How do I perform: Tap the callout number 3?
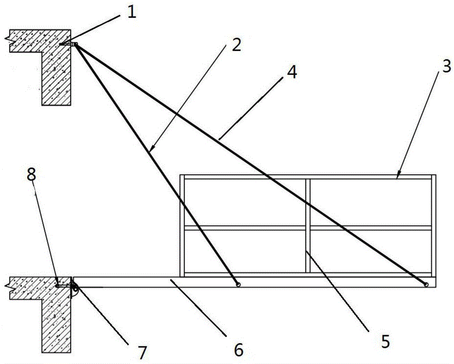tap(446, 67)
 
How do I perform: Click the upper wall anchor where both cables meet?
tap(75, 45)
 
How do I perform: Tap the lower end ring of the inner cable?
tap(237, 284)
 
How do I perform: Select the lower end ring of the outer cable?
tap(426, 284)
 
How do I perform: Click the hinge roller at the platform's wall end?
tap(75, 287)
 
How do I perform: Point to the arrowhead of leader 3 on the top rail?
tap(397, 175)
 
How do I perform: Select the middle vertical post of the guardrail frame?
tap(308, 225)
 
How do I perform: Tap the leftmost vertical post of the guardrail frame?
tap(183, 225)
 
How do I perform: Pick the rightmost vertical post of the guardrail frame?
tap(434, 225)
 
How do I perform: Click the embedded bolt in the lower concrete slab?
tap(58, 285)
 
